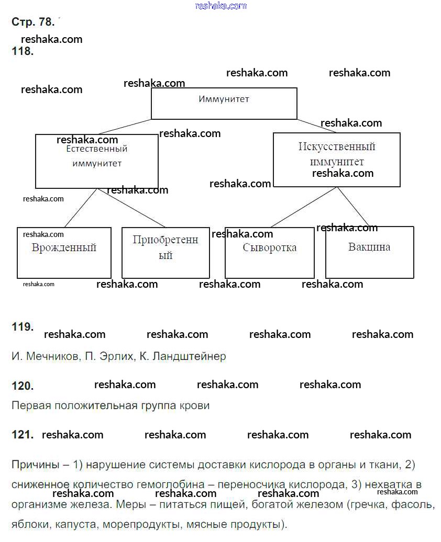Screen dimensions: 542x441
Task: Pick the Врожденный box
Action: tap(64, 253)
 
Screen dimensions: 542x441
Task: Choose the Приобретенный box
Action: tap(166, 253)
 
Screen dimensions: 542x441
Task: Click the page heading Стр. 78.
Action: tap(32, 22)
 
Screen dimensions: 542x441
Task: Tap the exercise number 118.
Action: tap(22, 51)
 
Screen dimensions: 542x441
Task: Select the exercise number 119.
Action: tap(22, 327)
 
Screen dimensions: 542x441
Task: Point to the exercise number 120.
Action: tap(22, 386)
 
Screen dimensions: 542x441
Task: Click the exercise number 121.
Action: tap(22, 434)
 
